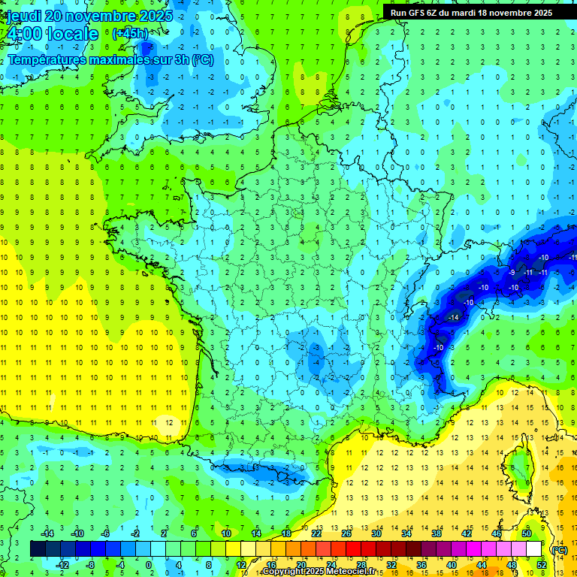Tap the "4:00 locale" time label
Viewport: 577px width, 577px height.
coord(51,34)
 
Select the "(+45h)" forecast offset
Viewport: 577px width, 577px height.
coord(130,33)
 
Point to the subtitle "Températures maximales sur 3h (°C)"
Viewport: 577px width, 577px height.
coord(110,60)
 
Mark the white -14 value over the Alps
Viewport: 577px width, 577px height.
coord(453,318)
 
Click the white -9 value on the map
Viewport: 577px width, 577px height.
coord(512,272)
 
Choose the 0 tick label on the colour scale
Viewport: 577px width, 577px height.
coord(149,564)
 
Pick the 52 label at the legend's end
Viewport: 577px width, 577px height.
coord(542,564)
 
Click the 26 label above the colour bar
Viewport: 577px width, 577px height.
coord(346,533)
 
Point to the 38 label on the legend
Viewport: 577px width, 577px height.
coord(436,533)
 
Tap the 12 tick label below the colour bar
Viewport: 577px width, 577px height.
coord(240,564)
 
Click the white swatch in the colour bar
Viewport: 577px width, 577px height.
coord(534,549)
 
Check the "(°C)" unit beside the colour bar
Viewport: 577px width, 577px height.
coord(559,550)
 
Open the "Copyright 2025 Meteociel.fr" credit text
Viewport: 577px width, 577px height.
coord(319,572)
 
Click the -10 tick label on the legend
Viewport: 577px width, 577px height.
coord(77,533)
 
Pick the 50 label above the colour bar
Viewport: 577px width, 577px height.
coord(527,533)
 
